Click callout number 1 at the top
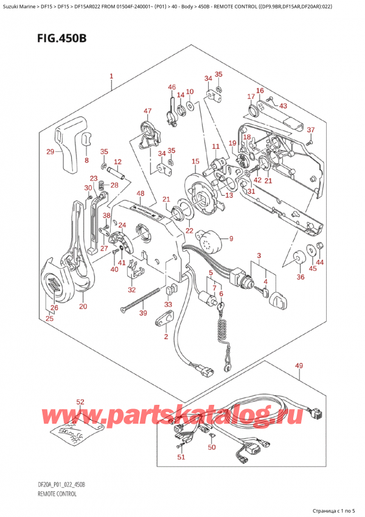(x=111, y=77)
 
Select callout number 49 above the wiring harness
(x=299, y=366)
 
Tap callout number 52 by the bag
(x=80, y=402)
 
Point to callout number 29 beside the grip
(x=50, y=151)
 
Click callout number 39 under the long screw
(x=142, y=313)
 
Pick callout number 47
(x=147, y=110)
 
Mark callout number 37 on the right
(x=310, y=130)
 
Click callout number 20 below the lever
(x=83, y=306)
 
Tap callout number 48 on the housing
(x=141, y=194)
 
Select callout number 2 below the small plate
(x=165, y=337)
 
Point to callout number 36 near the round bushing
(x=299, y=277)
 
